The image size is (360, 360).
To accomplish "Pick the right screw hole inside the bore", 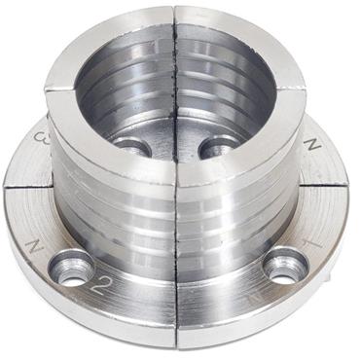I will coord(220,145).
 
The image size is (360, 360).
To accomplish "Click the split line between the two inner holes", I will coord(176,146).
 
